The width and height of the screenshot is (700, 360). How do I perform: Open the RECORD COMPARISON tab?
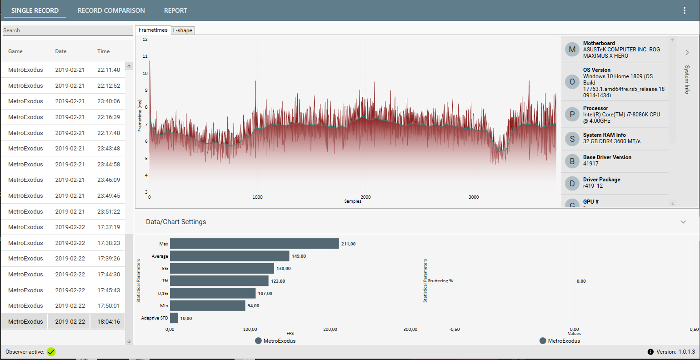[x=111, y=10]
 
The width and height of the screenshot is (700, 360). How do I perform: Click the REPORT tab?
[x=175, y=10]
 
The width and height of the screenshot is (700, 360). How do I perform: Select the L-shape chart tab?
[x=183, y=30]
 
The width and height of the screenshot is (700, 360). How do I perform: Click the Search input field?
[x=67, y=30]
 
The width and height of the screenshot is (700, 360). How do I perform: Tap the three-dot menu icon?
[x=684, y=10]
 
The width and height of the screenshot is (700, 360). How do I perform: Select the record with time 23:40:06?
[x=109, y=101]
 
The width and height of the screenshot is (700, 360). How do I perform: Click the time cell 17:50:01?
[x=109, y=306]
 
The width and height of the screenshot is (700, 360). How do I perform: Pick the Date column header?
[x=61, y=51]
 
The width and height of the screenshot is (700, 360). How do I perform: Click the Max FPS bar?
[x=254, y=244]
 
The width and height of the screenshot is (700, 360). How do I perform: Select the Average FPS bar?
[x=230, y=256]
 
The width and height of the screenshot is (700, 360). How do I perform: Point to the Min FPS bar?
[x=207, y=305]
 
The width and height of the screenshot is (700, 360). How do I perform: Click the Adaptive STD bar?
[x=174, y=318]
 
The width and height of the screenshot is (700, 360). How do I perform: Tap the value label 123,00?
[x=278, y=281]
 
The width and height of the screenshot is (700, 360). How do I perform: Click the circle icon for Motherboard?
[x=572, y=50]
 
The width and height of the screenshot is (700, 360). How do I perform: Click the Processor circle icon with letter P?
[x=572, y=115]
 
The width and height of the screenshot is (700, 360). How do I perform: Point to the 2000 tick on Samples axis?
[x=365, y=197]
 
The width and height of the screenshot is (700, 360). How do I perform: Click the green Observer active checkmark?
[x=51, y=352]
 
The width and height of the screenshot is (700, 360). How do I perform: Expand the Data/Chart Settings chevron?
[x=683, y=222]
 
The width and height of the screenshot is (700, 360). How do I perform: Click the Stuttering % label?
[x=440, y=281]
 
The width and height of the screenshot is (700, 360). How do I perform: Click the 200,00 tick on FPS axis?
[x=330, y=330]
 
